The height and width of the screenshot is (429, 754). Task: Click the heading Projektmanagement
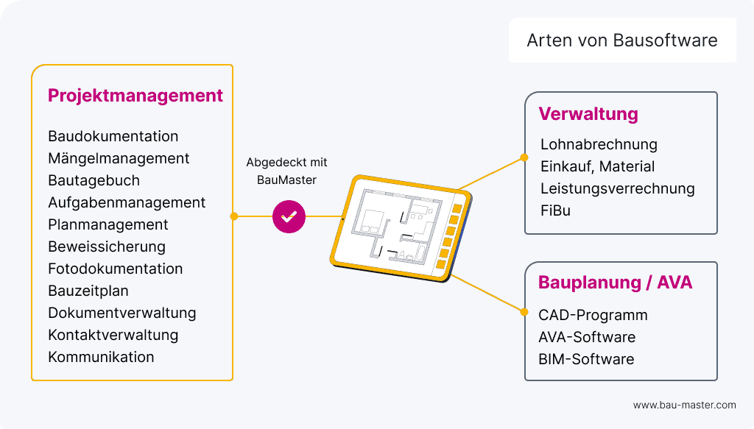[x=135, y=96]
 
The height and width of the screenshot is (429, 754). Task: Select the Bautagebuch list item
[x=94, y=180]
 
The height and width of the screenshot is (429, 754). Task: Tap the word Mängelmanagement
[x=119, y=158]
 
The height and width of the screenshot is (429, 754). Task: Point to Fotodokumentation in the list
[x=115, y=269]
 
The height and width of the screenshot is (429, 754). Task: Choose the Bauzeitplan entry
[x=88, y=291]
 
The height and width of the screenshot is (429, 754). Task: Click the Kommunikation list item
[x=101, y=357]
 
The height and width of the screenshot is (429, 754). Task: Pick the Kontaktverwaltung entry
[x=113, y=335]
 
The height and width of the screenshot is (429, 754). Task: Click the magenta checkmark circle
[x=288, y=216]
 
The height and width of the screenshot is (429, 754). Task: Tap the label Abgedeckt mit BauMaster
[x=286, y=171]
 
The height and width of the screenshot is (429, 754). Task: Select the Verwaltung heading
[x=588, y=115]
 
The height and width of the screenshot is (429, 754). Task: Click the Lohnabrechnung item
[x=599, y=144]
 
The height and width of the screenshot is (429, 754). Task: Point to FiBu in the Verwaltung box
[x=555, y=210]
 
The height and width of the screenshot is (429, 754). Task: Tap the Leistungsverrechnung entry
[x=617, y=188]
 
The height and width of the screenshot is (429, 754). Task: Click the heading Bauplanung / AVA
[x=616, y=283]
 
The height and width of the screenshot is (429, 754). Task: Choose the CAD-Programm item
[x=593, y=315]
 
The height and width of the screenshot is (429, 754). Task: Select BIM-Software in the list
[x=586, y=359]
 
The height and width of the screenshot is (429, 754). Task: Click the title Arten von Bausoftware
[x=622, y=40]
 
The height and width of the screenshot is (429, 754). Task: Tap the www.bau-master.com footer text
[x=684, y=405]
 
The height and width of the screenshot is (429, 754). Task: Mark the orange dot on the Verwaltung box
[x=524, y=157]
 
